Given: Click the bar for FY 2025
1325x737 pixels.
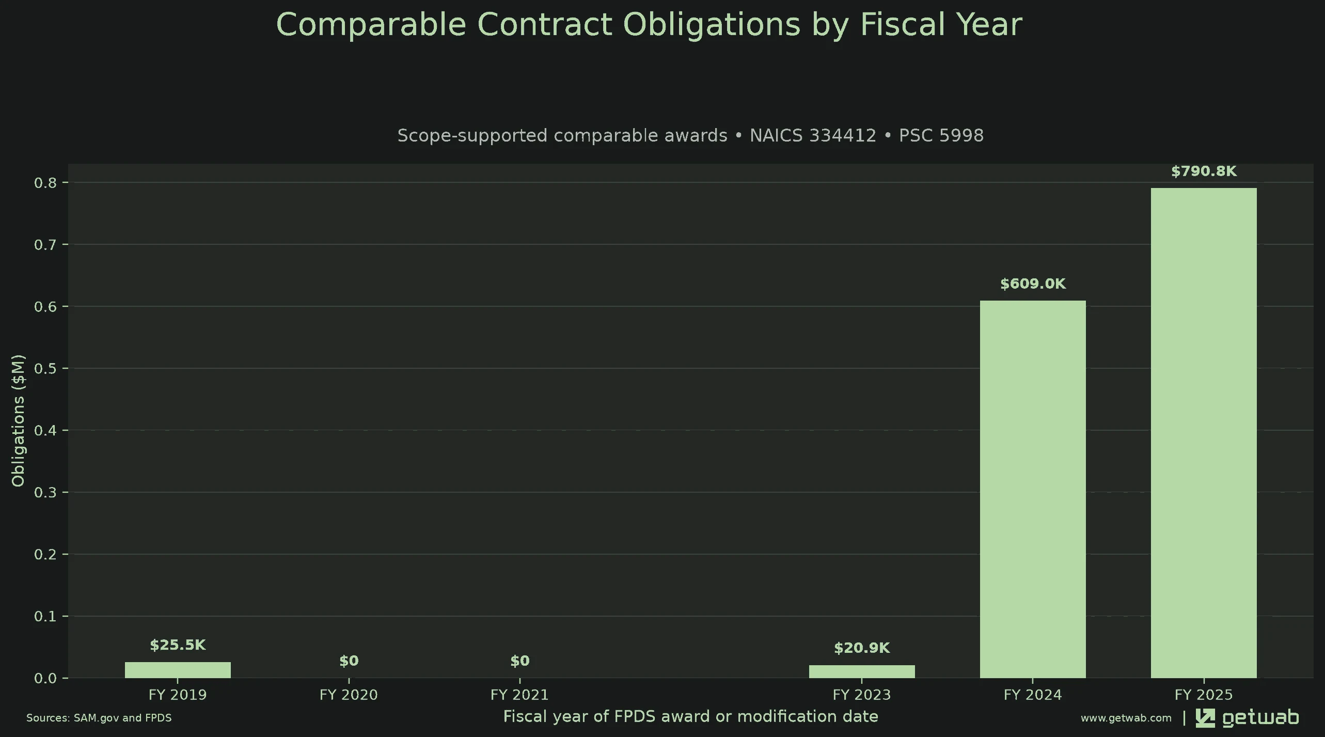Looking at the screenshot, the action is click(x=1204, y=433).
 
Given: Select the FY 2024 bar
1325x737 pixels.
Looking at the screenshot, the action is click(x=1033, y=489).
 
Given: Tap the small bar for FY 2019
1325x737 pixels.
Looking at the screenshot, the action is click(x=178, y=670).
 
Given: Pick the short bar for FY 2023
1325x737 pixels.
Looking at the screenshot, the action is click(x=862, y=671).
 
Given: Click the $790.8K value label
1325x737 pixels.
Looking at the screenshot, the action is click(x=1204, y=171).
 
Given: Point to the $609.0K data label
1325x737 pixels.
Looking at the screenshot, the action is click(x=1033, y=284).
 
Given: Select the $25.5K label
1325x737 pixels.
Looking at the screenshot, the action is click(x=178, y=645).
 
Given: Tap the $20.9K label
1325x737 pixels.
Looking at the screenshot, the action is click(x=862, y=648).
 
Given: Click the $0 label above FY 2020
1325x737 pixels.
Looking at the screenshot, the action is click(x=349, y=661).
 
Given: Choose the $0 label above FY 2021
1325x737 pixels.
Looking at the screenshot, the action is click(x=520, y=661).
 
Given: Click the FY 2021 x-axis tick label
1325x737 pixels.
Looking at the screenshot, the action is click(x=519, y=695).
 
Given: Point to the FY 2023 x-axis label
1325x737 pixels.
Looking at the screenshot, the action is click(x=862, y=695).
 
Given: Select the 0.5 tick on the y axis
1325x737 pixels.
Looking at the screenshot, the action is click(x=45, y=368).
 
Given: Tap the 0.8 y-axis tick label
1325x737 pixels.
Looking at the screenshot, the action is click(x=45, y=183).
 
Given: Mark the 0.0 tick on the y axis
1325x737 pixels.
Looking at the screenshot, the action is click(x=45, y=678).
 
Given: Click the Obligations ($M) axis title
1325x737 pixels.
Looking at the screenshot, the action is click(x=18, y=420).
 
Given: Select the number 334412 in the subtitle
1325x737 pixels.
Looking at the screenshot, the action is click(x=813, y=135).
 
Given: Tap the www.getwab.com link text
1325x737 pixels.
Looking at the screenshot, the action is click(x=1126, y=718).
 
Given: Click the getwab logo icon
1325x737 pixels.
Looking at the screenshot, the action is click(x=1205, y=718).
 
